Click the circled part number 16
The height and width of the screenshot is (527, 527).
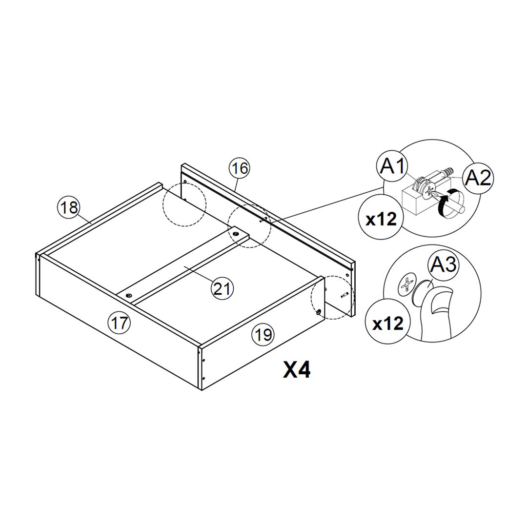[x=240, y=169]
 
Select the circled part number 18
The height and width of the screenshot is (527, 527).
[x=69, y=207]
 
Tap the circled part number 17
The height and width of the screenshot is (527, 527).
[x=120, y=323]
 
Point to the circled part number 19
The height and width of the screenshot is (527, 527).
[x=263, y=334]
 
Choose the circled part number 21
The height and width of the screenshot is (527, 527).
[x=222, y=288]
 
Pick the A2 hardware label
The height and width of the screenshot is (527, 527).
[x=478, y=178]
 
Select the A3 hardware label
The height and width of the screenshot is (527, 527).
[x=443, y=264]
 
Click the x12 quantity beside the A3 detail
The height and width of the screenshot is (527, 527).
[x=388, y=323]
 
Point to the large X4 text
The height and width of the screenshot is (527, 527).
[x=297, y=370]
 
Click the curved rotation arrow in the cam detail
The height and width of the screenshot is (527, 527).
[x=448, y=203]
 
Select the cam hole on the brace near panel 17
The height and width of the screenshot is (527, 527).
[x=129, y=295]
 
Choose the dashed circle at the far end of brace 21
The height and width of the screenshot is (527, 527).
[x=249, y=226]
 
